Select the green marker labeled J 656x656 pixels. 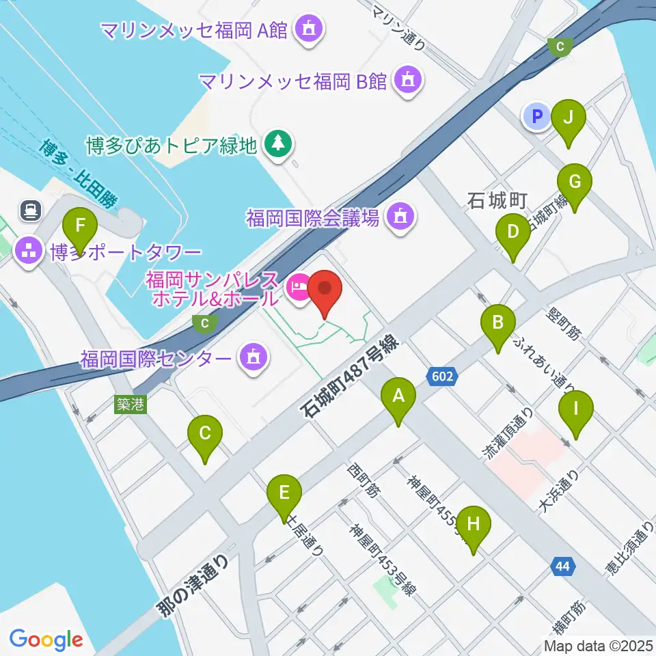(568, 118)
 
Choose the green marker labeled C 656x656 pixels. (205, 433)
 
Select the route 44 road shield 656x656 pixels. (562, 566)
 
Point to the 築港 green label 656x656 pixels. (130, 405)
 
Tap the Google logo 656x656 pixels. (46, 640)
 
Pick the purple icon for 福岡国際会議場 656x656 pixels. (399, 218)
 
